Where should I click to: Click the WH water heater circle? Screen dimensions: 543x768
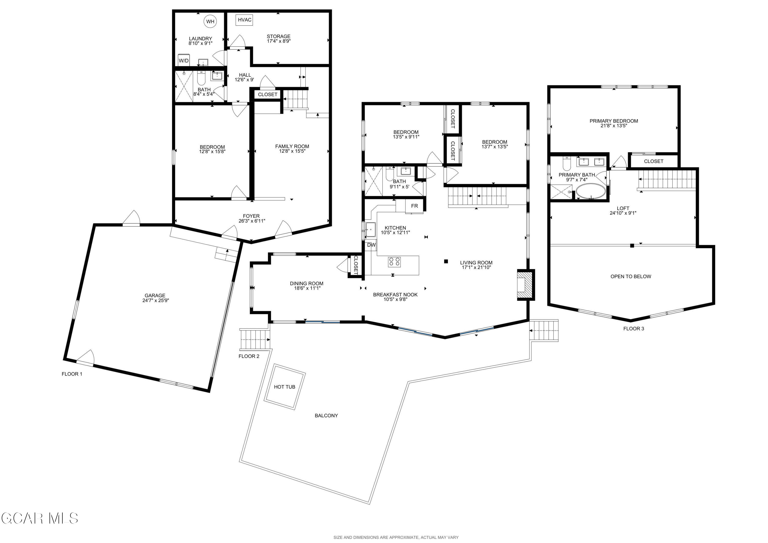pos(210,22)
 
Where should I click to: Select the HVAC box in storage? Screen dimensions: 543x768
pos(244,20)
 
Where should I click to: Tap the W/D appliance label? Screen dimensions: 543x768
pos(184,60)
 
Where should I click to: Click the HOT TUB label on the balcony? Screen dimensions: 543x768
pos(284,387)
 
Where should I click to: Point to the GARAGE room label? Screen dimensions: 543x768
pos(155,295)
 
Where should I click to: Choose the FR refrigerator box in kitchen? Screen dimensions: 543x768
pos(414,206)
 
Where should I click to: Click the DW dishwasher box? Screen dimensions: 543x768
pos(371,245)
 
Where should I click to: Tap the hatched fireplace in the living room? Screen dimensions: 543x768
pos(524,285)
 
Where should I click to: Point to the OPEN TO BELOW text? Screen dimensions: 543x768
pos(631,276)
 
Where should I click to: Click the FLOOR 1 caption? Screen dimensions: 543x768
pos(72,374)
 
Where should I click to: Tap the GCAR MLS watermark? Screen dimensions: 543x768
pos(39,518)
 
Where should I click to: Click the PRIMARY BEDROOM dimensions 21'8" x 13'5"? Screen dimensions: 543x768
pos(613,126)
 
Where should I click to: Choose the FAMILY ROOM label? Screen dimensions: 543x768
pos(292,146)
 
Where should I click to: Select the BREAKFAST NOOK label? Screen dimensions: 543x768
pos(395,294)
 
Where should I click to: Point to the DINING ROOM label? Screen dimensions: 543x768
pos(306,283)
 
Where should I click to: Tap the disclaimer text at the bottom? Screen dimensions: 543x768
pos(396,537)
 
